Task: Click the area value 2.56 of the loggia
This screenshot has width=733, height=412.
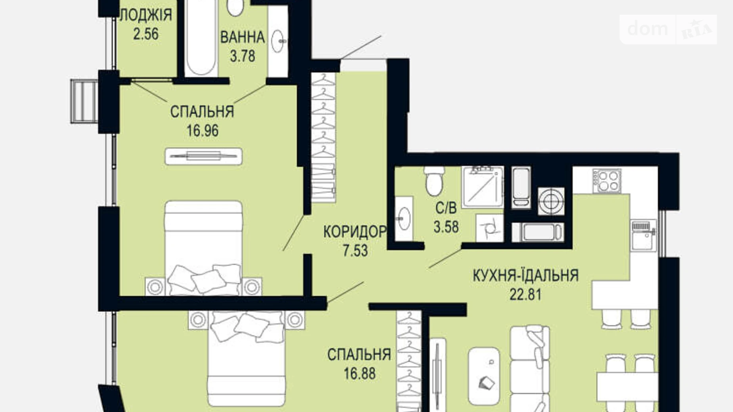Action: pyautogui.click(x=146, y=34)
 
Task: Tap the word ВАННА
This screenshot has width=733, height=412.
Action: pyautogui.click(x=242, y=38)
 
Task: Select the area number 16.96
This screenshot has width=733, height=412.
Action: pyautogui.click(x=202, y=131)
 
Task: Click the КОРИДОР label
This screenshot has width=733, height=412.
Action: pyautogui.click(x=354, y=232)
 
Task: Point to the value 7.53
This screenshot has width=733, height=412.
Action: pyautogui.click(x=355, y=251)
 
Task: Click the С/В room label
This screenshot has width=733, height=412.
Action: pyautogui.click(x=446, y=208)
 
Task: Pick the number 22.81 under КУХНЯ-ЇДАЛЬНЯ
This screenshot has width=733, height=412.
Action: pyautogui.click(x=525, y=295)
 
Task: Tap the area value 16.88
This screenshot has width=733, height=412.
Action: pyautogui.click(x=359, y=374)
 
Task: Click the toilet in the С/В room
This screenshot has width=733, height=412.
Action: pyautogui.click(x=435, y=181)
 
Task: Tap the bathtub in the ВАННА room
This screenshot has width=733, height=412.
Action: pyautogui.click(x=201, y=40)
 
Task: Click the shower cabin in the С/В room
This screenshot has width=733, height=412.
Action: pyautogui.click(x=483, y=187)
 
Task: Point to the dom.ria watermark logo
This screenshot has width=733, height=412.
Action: pyautogui.click(x=668, y=29)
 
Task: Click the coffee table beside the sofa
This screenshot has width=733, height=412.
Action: pyautogui.click(x=484, y=376)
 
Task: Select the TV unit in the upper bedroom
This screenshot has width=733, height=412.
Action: pyautogui.click(x=203, y=156)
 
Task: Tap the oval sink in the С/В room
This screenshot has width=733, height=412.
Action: pyautogui.click(x=404, y=218)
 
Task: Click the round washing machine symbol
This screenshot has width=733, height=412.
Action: pyautogui.click(x=551, y=201)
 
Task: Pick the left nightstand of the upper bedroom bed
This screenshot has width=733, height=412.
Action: pyautogui.click(x=155, y=286)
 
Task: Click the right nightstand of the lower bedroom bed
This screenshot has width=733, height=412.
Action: pyautogui.click(x=294, y=319)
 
